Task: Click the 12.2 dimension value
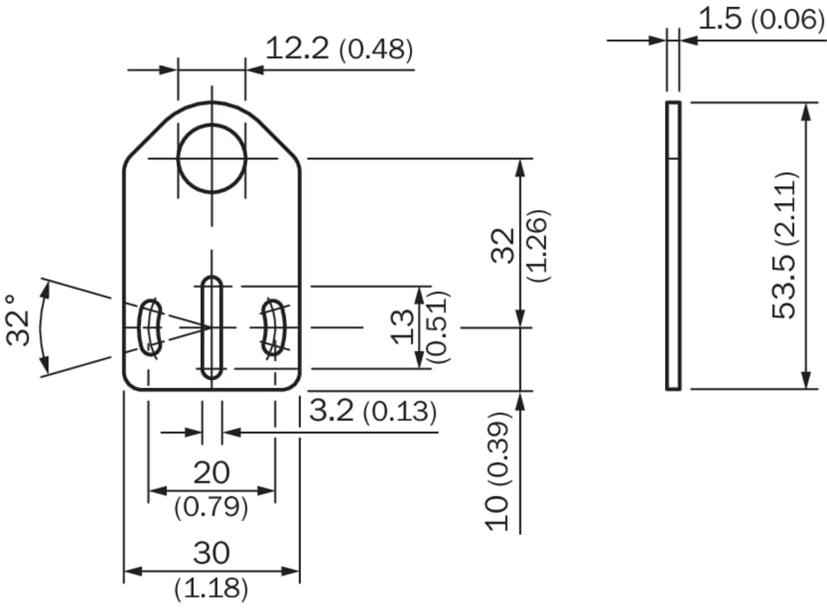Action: tap(297, 48)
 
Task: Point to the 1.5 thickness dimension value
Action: tap(720, 18)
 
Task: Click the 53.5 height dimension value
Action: tap(783, 288)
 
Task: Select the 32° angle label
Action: tap(18, 320)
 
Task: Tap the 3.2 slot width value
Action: tap(331, 410)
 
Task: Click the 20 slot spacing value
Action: tap(211, 472)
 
